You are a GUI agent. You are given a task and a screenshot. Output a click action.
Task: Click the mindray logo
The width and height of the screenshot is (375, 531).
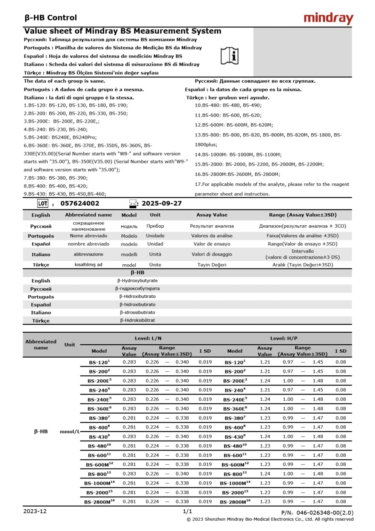tap(328, 18)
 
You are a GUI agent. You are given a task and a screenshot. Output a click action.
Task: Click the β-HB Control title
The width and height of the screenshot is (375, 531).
tap(51, 18)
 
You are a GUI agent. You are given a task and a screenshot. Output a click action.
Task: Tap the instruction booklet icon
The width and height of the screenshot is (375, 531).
tap(230, 55)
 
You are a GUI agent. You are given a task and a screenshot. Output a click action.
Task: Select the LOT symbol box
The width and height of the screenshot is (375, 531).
tap(43, 203)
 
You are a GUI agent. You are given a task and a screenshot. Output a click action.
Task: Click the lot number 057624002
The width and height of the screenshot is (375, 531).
tap(80, 204)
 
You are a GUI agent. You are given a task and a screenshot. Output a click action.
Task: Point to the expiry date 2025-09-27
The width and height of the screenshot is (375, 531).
tap(162, 204)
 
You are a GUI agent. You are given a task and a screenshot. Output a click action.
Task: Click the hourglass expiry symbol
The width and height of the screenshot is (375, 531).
tap(133, 204)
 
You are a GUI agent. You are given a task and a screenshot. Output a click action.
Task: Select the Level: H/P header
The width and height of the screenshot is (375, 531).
tap(284, 339)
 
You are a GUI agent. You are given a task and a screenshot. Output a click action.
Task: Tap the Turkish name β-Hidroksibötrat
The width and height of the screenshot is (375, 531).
tap(138, 320)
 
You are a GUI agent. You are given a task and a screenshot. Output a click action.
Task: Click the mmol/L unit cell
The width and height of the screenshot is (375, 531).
tap(70, 431)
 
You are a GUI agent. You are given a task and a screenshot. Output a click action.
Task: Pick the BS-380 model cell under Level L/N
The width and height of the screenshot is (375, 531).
tap(99, 418)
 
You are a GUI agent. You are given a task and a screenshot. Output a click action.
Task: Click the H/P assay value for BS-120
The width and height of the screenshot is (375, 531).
tap(265, 362)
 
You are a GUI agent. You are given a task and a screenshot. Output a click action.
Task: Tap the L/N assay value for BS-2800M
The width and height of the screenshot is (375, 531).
tap(129, 502)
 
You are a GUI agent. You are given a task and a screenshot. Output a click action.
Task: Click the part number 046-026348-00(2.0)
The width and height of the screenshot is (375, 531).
tap(317, 513)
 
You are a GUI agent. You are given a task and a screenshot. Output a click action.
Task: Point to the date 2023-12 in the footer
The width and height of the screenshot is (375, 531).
tap(35, 511)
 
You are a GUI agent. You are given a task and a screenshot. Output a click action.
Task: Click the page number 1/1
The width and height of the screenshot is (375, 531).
tap(187, 511)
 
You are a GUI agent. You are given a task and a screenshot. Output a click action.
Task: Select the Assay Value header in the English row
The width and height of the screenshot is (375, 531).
tap(212, 215)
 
